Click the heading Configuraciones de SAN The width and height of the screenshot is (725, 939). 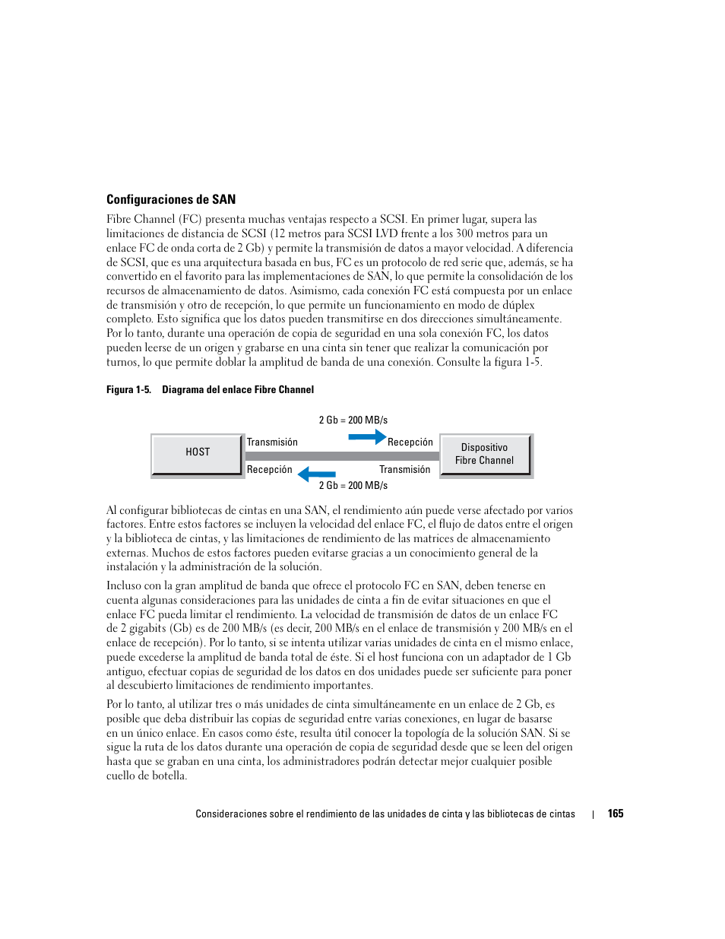[171, 200]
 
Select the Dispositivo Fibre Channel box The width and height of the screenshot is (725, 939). [484, 454]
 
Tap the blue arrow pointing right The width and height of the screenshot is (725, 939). [367, 436]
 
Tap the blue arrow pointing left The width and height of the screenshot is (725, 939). [316, 475]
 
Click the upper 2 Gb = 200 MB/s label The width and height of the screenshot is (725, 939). [353, 420]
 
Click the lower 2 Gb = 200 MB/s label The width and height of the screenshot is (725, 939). [353, 485]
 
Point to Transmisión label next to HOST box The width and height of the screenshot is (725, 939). [272, 442]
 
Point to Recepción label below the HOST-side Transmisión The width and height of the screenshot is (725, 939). [269, 469]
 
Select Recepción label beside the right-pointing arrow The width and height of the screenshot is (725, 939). [410, 442]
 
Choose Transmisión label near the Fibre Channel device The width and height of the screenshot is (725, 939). [404, 469]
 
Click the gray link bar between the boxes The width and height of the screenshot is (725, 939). [342, 456]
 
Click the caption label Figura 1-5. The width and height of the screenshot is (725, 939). [128, 389]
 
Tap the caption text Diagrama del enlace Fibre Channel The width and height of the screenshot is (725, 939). [237, 389]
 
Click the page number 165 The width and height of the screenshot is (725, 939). [615, 814]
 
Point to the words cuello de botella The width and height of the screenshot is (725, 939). [146, 776]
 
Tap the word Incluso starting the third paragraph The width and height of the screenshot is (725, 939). [123, 585]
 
